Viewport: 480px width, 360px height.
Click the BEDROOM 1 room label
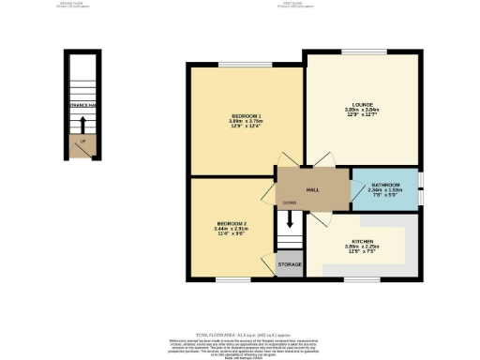(x=245, y=114)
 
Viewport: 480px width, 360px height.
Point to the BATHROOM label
(x=385, y=186)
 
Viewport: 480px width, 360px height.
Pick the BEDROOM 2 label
(x=230, y=222)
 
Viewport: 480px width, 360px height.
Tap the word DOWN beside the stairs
(x=292, y=202)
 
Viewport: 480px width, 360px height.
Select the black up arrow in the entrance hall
(x=82, y=125)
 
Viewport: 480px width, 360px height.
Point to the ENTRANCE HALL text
(x=82, y=106)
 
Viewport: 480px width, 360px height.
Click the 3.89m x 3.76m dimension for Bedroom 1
(x=245, y=121)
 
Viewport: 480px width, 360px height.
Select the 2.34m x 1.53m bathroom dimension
(x=385, y=192)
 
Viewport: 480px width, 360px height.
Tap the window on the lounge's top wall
(x=363, y=52)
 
